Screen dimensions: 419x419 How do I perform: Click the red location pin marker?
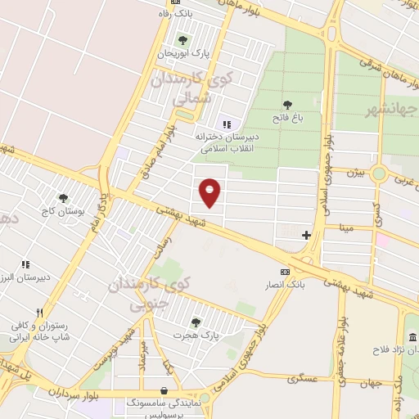click(x=211, y=191)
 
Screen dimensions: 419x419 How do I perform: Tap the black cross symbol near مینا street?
click(x=306, y=235)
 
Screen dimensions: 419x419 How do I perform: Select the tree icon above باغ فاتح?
click(x=287, y=105)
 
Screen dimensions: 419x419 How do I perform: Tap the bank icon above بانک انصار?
click(x=284, y=272)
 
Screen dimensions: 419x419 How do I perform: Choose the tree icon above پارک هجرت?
click(x=195, y=322)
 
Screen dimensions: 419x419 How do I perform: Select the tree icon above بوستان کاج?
click(x=63, y=197)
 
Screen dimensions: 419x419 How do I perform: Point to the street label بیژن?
click(x=354, y=173)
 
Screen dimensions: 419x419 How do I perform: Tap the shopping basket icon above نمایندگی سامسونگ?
click(x=166, y=391)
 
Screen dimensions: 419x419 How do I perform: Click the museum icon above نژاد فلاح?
click(x=412, y=338)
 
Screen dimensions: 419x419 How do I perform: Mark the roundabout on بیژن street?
click(x=378, y=173)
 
